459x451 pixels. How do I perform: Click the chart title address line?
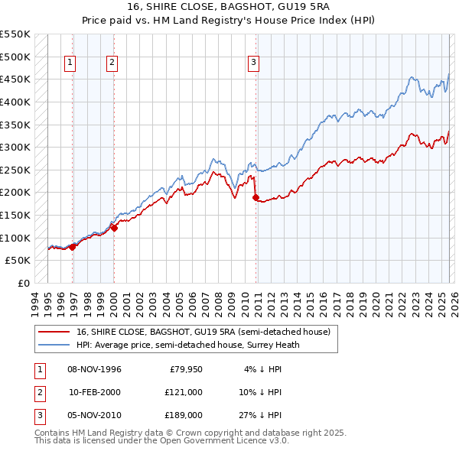[x=229, y=7]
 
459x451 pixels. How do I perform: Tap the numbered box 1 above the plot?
[x=70, y=63]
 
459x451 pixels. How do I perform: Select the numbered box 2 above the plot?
[x=112, y=63]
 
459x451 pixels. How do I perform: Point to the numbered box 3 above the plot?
[x=253, y=63]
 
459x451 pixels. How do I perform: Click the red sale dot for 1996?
[x=73, y=246]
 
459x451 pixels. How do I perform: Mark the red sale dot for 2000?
[x=114, y=227]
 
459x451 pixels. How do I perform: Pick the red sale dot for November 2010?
[x=256, y=196]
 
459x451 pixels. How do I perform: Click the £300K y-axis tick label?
[x=15, y=147]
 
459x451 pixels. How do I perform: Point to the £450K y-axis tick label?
[x=15, y=79]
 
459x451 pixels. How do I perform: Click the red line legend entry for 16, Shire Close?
[x=203, y=332]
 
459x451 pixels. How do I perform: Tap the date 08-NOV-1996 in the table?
[x=95, y=369]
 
